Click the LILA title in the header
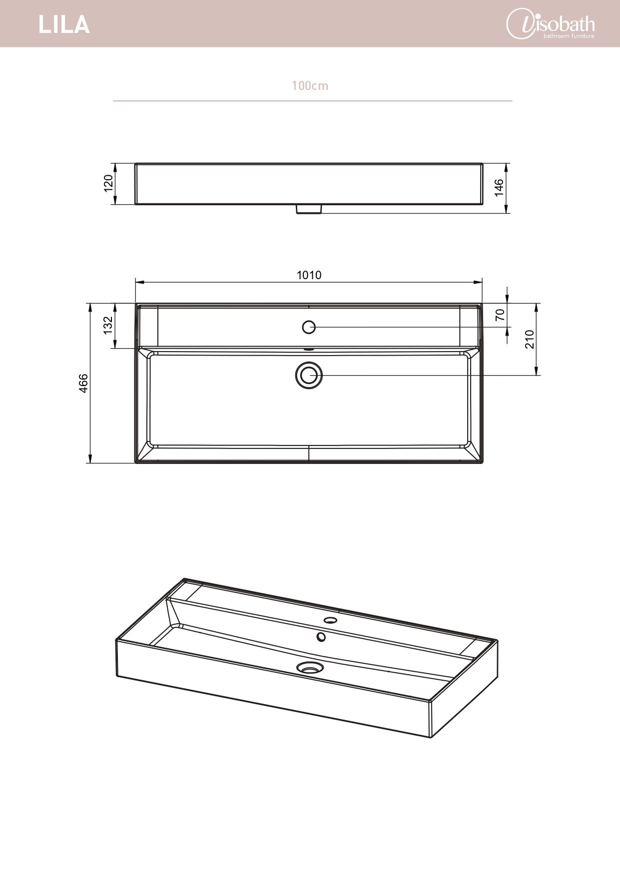click(64, 24)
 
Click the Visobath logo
click(551, 24)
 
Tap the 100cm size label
click(310, 86)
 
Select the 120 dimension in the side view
click(108, 183)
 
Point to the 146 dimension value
click(499, 188)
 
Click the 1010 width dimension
click(309, 275)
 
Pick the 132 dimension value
click(108, 326)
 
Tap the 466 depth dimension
click(83, 383)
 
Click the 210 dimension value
click(530, 339)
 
